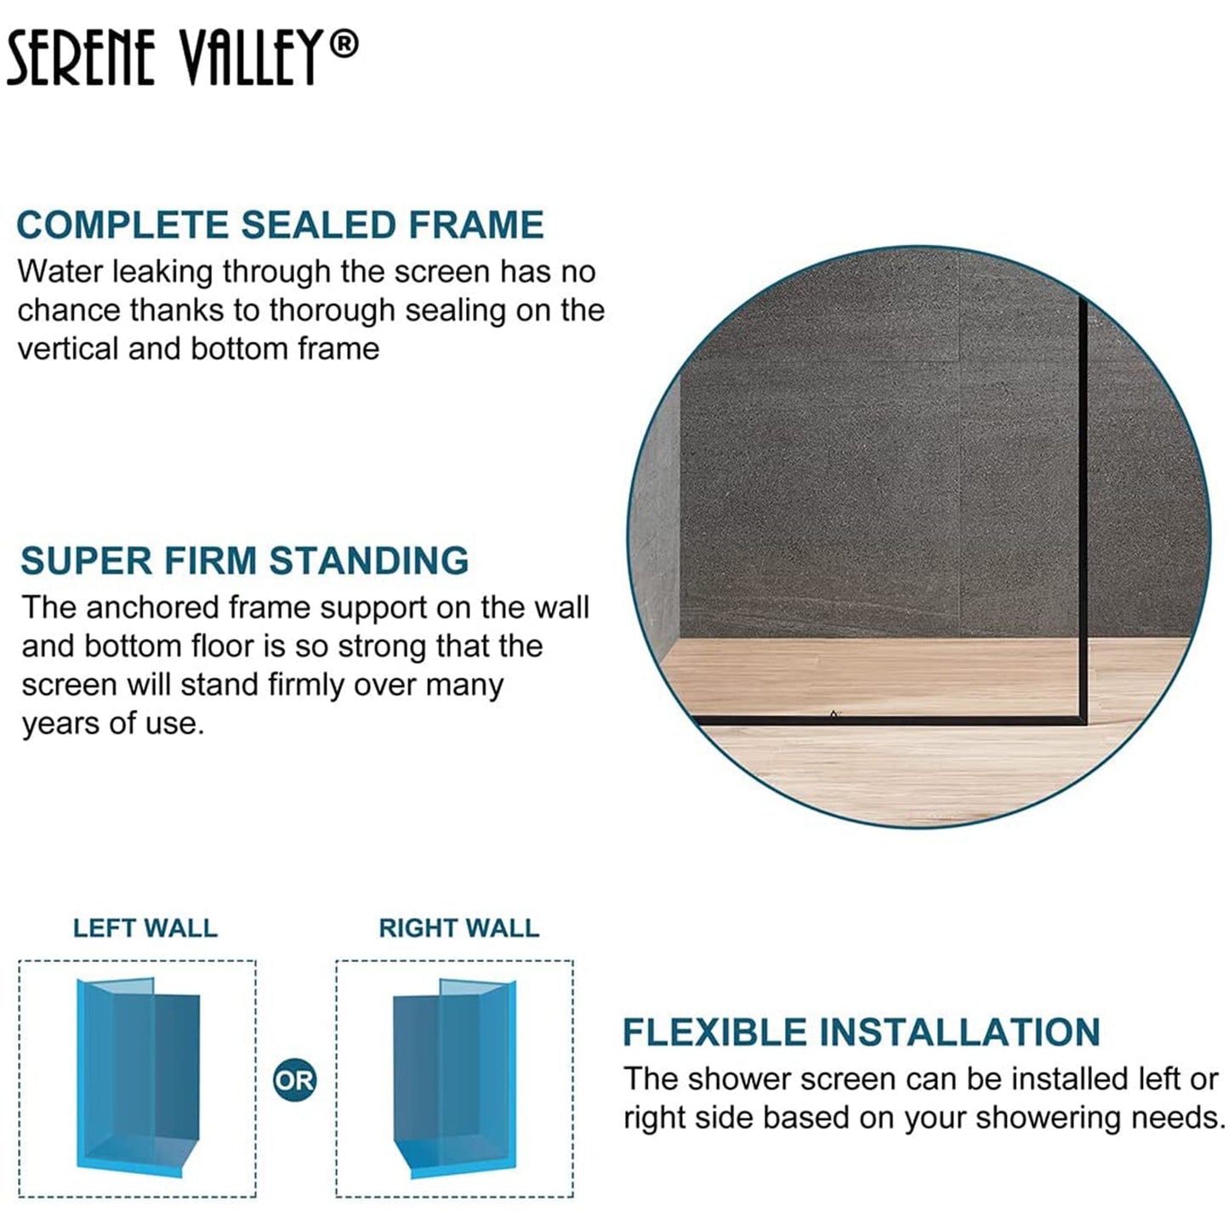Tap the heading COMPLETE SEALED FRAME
[x=280, y=225]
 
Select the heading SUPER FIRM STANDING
[x=244, y=560]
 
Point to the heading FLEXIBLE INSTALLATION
[x=861, y=1032]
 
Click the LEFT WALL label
[x=145, y=928]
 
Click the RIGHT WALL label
[x=458, y=928]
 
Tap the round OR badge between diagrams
[x=294, y=1080]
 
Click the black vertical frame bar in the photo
[x=1084, y=510]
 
